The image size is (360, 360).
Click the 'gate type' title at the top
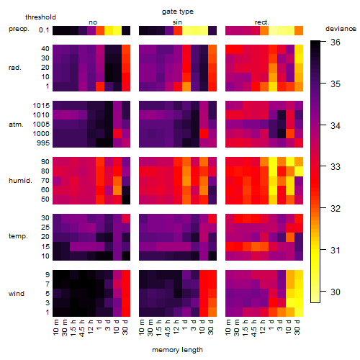coord(178,12)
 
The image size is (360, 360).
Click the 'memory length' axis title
coord(178,350)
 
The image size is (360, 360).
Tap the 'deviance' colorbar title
coord(341,29)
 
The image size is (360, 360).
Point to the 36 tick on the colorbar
coord(336,42)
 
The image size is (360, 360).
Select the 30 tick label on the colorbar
coord(336,292)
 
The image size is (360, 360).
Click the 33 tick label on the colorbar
coord(336,167)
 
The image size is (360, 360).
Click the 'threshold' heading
coord(40,17)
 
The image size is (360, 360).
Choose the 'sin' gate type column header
coord(177,22)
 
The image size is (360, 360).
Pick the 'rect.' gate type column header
coord(261,22)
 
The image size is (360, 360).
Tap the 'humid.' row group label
coord(20,181)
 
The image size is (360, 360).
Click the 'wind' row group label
coord(17,294)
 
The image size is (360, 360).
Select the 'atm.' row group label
coord(16,125)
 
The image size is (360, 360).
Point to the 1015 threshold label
coord(41,106)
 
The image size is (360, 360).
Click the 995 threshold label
coord(43,143)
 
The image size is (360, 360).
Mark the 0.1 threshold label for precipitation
coord(44,30)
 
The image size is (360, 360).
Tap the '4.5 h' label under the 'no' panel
coord(81,328)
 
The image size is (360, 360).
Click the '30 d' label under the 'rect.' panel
coord(297,328)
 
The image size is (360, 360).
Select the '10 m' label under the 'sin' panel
coord(142,328)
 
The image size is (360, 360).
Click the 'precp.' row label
coord(19,29)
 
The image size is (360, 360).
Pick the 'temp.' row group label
coord(18,236)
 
